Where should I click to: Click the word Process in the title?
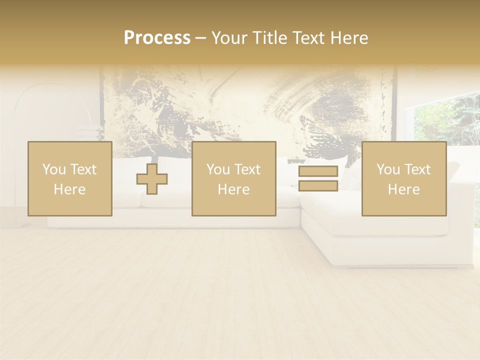point(157,38)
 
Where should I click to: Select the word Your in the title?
point(230,38)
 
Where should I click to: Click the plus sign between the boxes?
point(152,179)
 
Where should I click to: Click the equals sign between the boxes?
point(318,179)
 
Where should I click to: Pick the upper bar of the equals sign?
point(318,171)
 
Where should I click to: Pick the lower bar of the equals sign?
point(318,186)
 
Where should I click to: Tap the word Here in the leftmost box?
point(69,189)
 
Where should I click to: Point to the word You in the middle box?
point(218,169)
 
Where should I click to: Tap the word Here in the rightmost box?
point(404,189)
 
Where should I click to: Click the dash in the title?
point(200,38)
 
